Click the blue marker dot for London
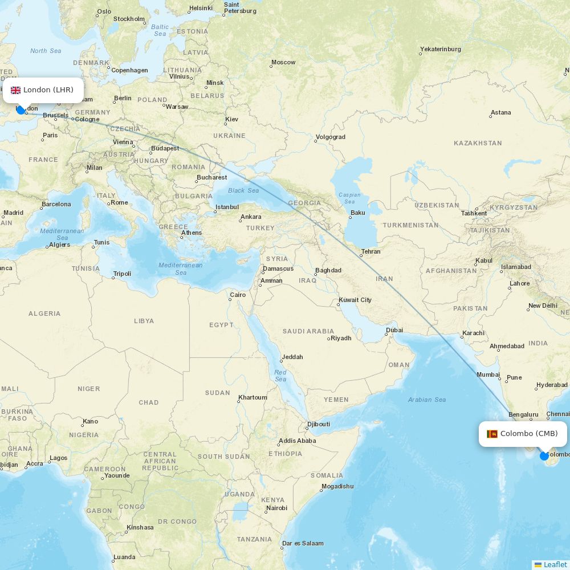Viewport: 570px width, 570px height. (21, 110)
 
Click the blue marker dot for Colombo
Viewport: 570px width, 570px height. (544, 456)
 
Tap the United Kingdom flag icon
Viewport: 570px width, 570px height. (16, 90)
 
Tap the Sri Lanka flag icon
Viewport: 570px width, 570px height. (492, 434)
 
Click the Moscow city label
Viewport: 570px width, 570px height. (283, 62)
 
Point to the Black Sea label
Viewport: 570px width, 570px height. (243, 190)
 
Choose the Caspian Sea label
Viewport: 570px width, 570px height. (349, 198)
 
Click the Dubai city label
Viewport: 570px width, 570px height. (394, 330)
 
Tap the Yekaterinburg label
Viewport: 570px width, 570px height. (440, 49)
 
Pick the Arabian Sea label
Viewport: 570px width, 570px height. (427, 400)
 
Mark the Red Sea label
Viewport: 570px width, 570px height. (280, 375)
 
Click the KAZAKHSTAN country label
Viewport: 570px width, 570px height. (478, 143)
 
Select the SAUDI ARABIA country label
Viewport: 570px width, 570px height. (308, 331)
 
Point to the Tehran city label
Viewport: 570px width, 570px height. (370, 251)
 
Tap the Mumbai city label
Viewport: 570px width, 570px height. (488, 374)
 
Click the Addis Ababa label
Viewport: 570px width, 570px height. (297, 441)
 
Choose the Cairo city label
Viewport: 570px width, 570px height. (238, 295)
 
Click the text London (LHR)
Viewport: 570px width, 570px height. (48, 90)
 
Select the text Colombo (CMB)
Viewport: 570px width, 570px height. (529, 434)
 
